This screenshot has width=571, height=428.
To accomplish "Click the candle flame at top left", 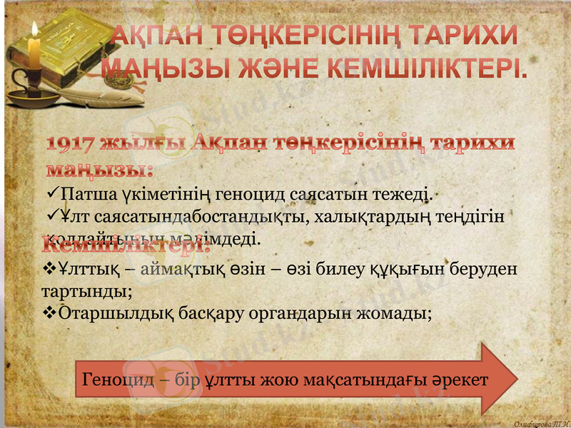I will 34,30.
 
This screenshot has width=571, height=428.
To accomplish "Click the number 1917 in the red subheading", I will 74,144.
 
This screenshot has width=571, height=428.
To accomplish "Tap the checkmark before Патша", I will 52,193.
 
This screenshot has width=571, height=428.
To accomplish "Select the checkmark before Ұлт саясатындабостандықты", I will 52,214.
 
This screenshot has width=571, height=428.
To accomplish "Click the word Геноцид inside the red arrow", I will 118,379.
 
